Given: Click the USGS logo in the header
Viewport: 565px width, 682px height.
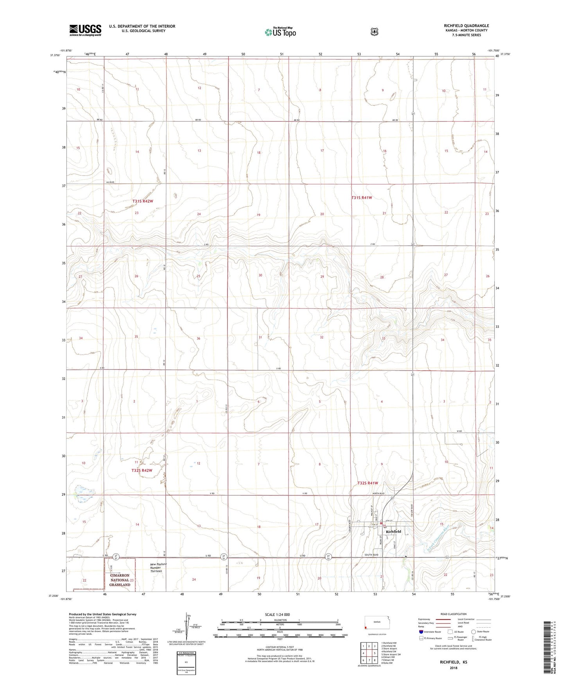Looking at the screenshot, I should tap(85, 30).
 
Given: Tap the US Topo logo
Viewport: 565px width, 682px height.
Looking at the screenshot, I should tap(280, 32).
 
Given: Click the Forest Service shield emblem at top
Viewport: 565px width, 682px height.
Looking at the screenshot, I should tap(374, 32).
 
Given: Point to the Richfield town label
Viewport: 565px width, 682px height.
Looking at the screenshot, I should tap(393, 532).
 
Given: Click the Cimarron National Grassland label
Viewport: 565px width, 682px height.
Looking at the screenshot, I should tap(120, 580).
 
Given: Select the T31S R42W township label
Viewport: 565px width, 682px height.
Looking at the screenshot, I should tap(142, 201).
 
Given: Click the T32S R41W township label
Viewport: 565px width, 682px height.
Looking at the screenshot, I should tap(368, 483).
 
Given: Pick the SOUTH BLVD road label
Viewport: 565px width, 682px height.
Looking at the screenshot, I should tap(371, 555).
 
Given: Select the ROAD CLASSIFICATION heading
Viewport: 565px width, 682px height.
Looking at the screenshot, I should tap(453, 614).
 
